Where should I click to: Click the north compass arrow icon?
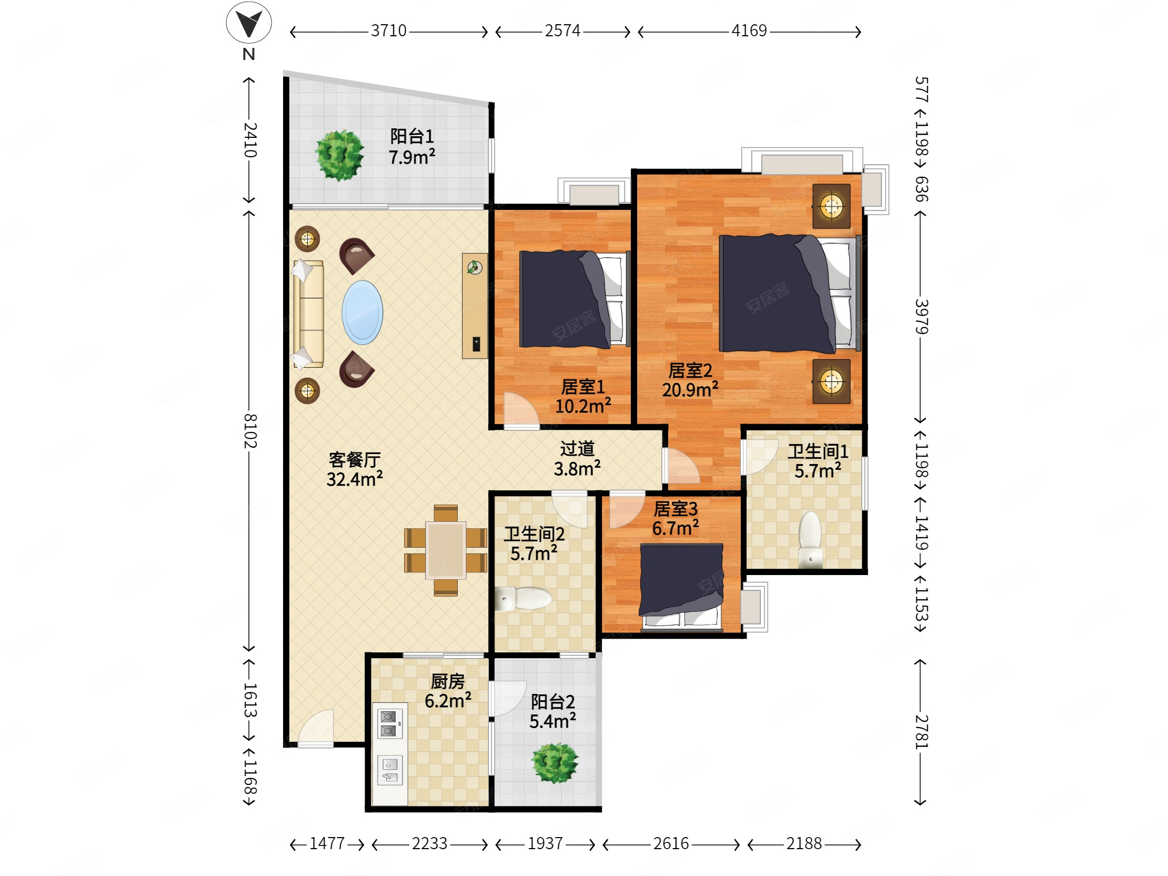tap(249, 23)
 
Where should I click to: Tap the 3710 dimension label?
tap(389, 31)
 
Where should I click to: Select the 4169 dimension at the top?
tap(749, 31)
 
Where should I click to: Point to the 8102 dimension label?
tap(250, 431)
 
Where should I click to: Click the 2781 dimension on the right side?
tap(921, 732)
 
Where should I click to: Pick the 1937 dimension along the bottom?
tap(545, 843)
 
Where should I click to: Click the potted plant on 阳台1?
tap(339, 155)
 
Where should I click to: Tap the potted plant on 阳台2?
tap(555, 763)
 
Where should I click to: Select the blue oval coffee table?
tap(362, 312)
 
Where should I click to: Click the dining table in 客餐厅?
tap(446, 550)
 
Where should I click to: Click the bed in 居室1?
tap(575, 299)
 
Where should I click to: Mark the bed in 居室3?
tap(681, 587)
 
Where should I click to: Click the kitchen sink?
tap(390, 770)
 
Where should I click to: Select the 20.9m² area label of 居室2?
tap(690, 390)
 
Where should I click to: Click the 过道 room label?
tap(577, 448)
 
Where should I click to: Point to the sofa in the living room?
tap(308, 314)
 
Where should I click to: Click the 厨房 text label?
tap(448, 681)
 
